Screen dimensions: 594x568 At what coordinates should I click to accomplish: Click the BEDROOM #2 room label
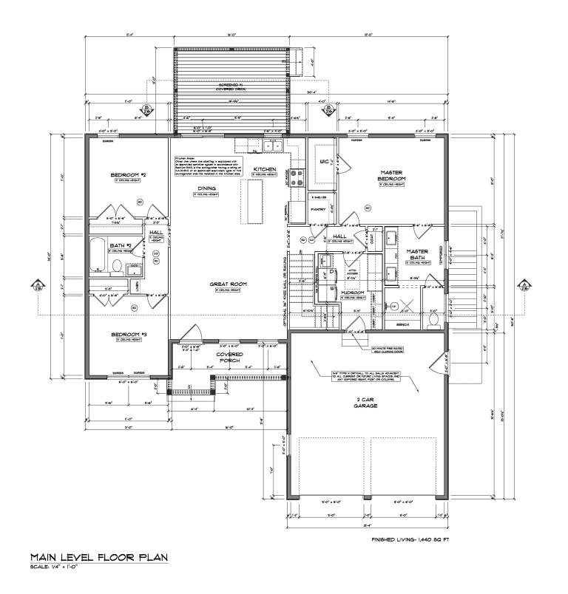[128, 175]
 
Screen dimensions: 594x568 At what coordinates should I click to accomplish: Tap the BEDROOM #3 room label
[128, 335]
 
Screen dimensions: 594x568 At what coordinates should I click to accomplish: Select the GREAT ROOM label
[230, 284]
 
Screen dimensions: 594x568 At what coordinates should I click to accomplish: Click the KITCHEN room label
[264, 169]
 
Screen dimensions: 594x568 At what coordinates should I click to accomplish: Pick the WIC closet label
[323, 160]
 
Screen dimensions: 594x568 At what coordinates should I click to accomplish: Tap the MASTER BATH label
[418, 253]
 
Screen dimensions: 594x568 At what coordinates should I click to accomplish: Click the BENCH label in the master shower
[402, 324]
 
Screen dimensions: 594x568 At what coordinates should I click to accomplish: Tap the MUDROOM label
[351, 293]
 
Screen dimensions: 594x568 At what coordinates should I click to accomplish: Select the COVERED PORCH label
[229, 358]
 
